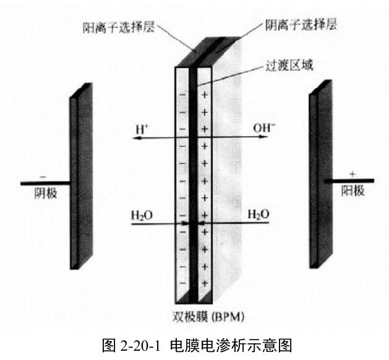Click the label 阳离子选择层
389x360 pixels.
119,27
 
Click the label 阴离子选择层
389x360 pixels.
301,25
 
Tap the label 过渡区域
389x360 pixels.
289,66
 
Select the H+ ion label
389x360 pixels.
142,129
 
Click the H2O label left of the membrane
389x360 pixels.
142,215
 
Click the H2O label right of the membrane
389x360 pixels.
259,214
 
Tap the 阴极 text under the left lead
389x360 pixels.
46,193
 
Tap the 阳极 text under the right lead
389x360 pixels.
353,191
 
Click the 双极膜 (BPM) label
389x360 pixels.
208,317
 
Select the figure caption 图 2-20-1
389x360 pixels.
132,345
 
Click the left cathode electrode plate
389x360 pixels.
81,176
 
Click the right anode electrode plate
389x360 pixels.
321,174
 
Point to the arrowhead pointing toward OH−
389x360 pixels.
264,137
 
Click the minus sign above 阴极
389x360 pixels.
43,177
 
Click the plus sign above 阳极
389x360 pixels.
353,174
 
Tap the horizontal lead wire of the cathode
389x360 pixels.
46,183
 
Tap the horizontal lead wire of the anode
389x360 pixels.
349,181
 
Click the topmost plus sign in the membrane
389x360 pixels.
204,95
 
